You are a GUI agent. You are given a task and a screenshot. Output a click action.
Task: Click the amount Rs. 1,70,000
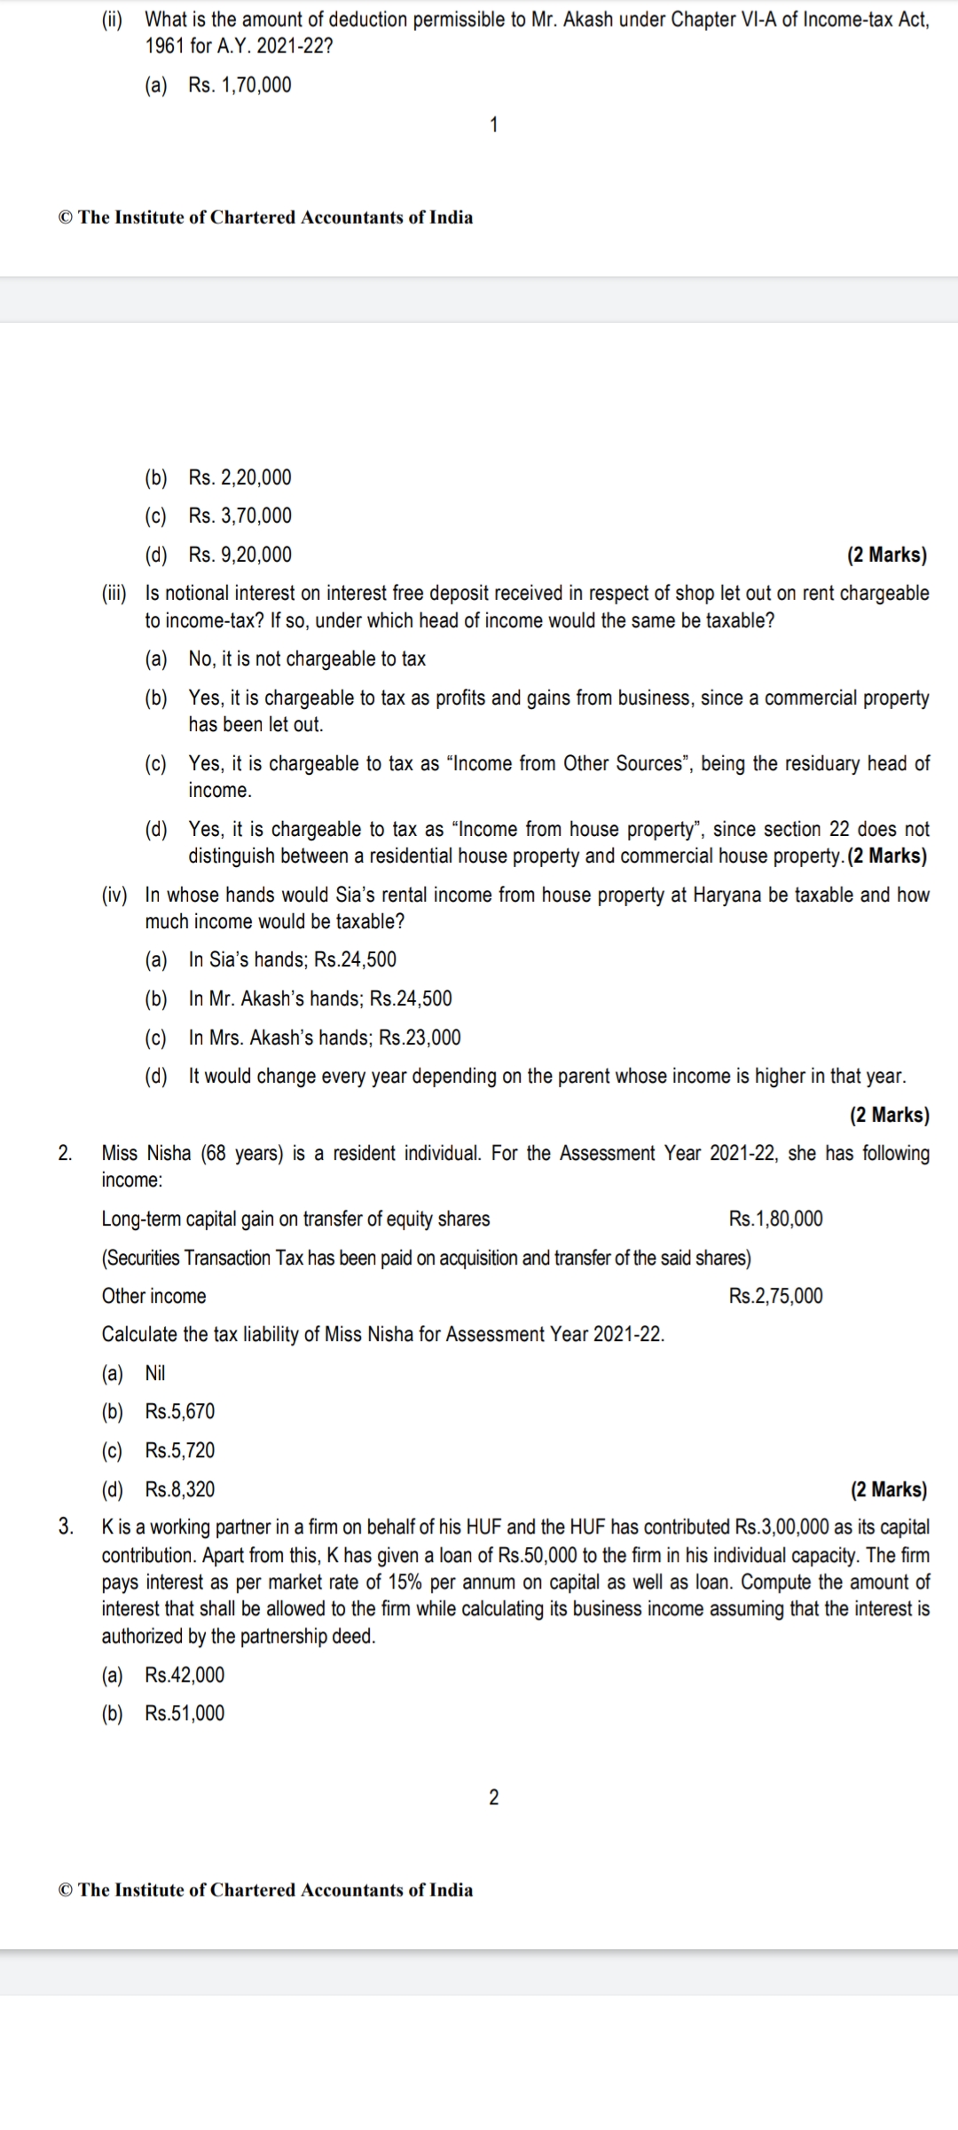[239, 85]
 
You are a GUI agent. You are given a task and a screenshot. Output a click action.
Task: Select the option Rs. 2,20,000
[239, 477]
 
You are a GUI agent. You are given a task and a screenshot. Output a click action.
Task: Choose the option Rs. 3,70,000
[239, 516]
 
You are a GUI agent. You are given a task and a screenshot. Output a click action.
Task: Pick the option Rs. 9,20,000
[239, 555]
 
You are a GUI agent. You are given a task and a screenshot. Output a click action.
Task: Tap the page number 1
[494, 125]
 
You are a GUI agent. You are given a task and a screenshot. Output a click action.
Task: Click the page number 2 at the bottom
[494, 1797]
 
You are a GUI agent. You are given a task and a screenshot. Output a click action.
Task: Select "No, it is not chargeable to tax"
[307, 659]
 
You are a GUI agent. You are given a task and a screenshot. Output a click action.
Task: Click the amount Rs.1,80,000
[775, 1219]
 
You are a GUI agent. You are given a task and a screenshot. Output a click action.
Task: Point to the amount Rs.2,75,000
[775, 1296]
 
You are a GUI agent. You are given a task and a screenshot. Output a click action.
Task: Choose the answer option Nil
[155, 1373]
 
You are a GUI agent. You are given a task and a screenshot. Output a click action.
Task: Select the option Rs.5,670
[180, 1411]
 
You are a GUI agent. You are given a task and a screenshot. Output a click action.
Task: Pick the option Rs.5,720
[180, 1450]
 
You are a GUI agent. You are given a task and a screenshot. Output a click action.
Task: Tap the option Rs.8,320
[180, 1489]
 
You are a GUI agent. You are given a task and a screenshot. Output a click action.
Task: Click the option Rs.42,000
[185, 1675]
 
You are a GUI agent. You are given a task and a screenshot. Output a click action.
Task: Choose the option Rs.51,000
[185, 1713]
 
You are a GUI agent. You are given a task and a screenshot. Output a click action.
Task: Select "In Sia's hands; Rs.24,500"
[293, 959]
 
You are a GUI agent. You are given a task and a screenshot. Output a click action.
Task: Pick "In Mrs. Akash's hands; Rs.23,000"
[325, 1037]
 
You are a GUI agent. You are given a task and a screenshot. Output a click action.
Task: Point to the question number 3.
[65, 1526]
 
